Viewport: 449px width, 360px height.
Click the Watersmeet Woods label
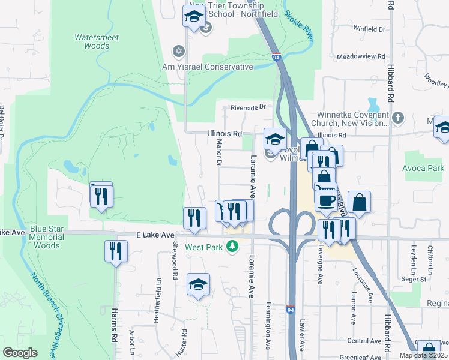tap(96, 41)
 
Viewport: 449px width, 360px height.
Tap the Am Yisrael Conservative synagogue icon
tap(178, 50)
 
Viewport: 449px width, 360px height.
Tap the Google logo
tap(20, 353)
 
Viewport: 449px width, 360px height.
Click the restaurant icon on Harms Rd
tap(115, 251)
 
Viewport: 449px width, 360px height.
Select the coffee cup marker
tap(326, 200)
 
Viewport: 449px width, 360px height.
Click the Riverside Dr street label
tap(249, 107)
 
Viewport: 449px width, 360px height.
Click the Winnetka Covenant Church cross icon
tap(399, 116)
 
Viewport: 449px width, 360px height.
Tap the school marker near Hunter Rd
tap(197, 284)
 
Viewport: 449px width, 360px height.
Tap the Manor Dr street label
tap(218, 154)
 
